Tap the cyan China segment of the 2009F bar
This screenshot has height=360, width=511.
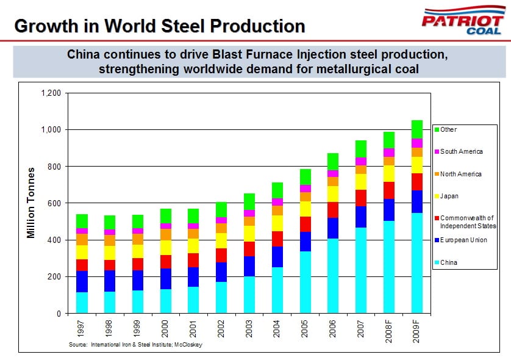click(417, 262)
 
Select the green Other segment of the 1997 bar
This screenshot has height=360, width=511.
click(82, 221)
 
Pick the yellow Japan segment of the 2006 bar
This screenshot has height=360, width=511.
click(333, 194)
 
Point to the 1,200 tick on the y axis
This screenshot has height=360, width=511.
click(51, 93)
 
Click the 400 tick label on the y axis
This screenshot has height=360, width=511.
click(55, 240)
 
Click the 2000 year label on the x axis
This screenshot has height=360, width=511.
click(165, 329)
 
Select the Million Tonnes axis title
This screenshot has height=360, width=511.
click(32, 203)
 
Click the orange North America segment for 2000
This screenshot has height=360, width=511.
click(165, 234)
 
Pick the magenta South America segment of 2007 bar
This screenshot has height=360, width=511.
click(361, 161)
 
